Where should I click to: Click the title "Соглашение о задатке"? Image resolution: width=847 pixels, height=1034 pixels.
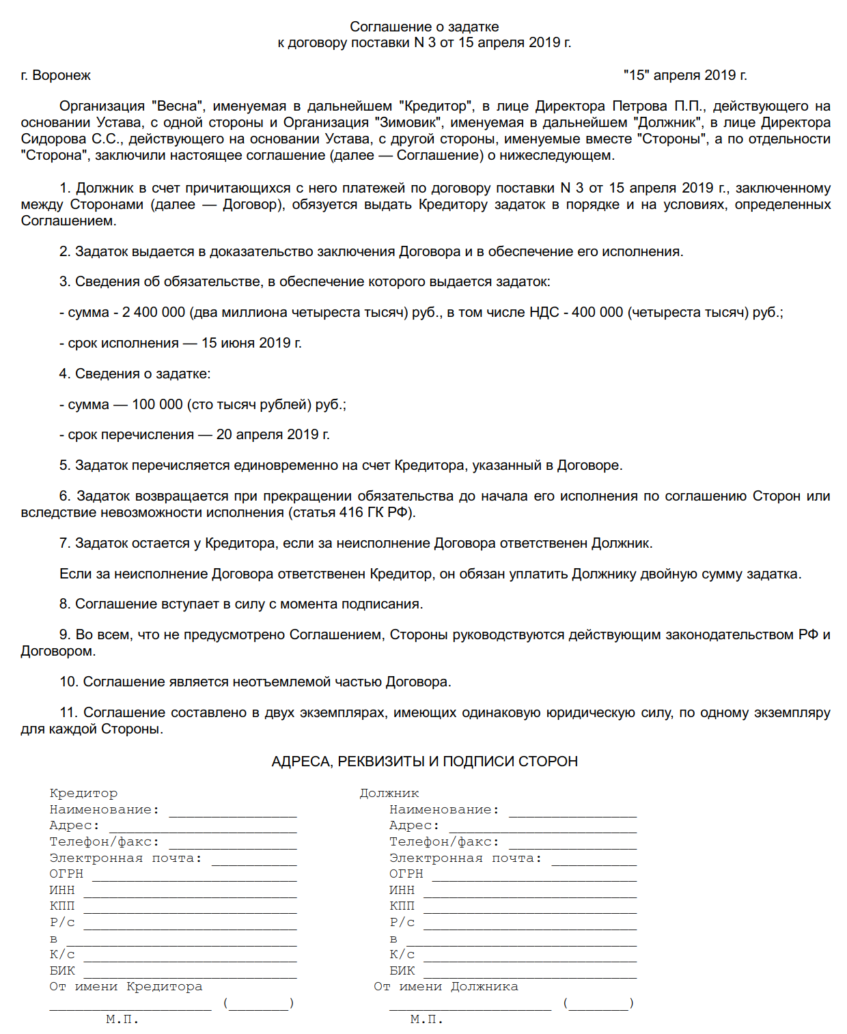coord(424,27)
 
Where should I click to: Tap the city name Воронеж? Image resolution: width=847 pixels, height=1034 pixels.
coord(61,75)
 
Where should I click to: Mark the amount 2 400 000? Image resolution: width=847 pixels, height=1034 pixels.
coord(154,312)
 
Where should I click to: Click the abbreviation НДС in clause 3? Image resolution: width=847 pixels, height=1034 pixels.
coord(544,312)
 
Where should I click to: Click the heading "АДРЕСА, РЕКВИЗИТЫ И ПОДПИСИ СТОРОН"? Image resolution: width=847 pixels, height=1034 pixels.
coord(424,761)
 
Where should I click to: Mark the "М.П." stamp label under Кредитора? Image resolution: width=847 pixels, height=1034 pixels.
coord(122,1020)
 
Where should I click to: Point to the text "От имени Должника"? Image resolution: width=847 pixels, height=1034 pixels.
coord(445,987)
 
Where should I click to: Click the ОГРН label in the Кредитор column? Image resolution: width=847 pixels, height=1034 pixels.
coord(66,874)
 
